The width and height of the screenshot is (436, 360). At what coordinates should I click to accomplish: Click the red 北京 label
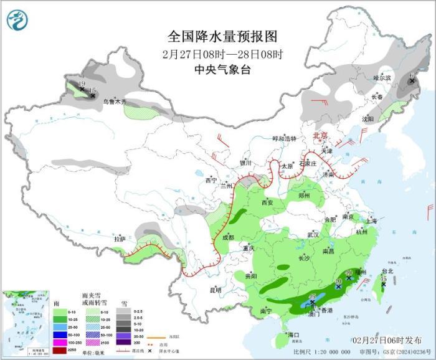tap(319, 135)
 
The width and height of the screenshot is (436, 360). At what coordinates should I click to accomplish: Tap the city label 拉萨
tap(120, 239)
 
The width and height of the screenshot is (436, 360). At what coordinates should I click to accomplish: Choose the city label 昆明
tap(215, 290)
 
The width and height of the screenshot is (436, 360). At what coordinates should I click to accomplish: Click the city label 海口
tap(293, 335)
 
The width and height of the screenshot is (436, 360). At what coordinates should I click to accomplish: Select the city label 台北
tap(387, 271)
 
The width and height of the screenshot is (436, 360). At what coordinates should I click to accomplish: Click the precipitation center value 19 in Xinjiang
tap(82, 83)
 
